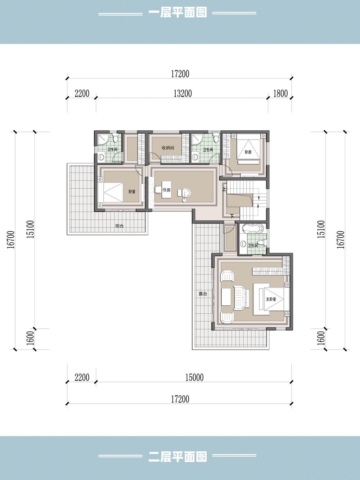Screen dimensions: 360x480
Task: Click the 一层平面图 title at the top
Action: coord(177,13)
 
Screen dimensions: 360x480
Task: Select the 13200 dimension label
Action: coord(183,94)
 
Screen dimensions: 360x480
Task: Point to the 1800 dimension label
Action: coord(280,94)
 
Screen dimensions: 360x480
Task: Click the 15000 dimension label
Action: coord(194,378)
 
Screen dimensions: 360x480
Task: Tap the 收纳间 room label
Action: coord(168,148)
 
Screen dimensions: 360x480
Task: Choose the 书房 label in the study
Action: coord(166,190)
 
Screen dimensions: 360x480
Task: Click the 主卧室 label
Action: coord(271,299)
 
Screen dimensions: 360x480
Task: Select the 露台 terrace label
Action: coord(203,294)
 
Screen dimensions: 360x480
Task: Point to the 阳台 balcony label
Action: coord(120,226)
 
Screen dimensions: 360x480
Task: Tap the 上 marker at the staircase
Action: coord(224,189)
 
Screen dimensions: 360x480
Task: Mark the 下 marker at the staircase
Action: coord(232,216)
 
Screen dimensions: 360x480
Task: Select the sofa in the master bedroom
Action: coord(240,298)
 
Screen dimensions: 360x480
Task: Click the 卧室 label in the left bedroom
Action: coord(132,192)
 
